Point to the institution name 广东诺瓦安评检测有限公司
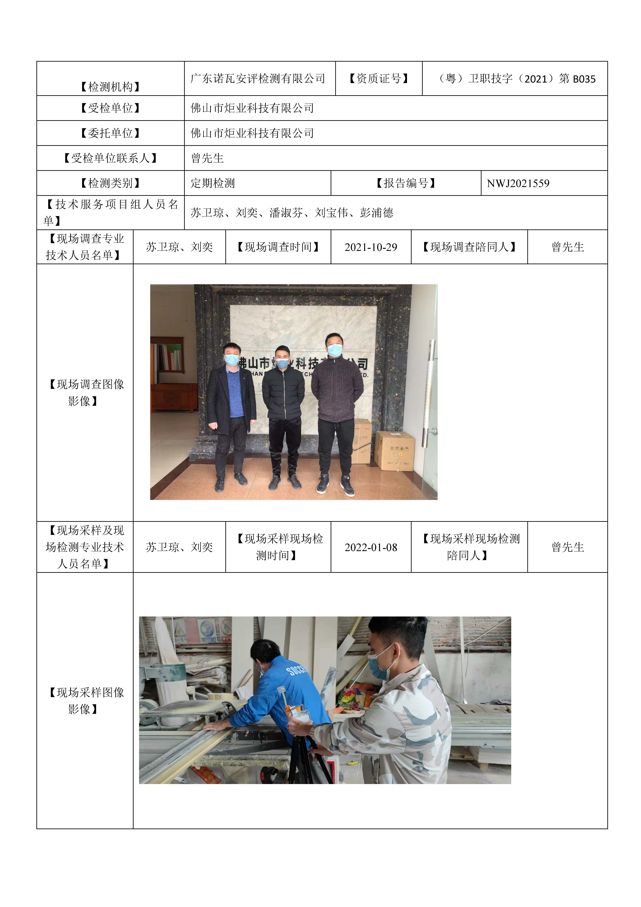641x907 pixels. coord(258,79)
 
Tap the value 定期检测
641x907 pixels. coord(213,183)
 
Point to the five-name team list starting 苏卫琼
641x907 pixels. coord(292,213)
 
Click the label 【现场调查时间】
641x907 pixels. coord(278,247)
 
